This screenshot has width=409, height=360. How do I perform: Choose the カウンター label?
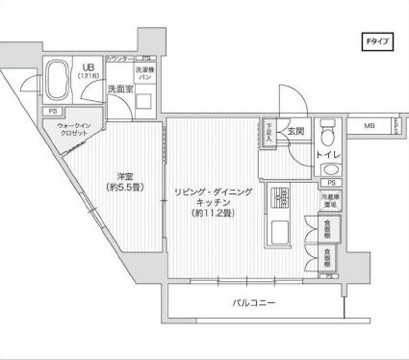click(118, 59)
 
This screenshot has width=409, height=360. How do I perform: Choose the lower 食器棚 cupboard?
click(331, 258)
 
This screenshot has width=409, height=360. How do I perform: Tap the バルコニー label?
click(254, 304)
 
